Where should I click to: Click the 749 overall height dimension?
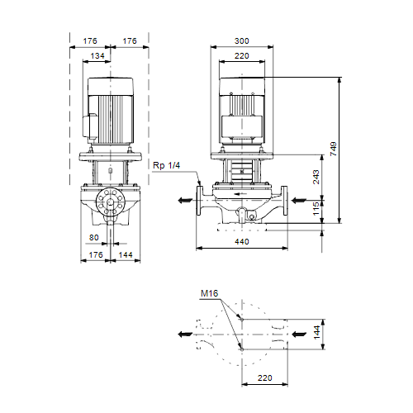(x=333, y=149)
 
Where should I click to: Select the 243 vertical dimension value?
(x=316, y=177)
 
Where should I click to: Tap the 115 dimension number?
(x=316, y=209)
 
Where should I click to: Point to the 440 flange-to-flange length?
(x=242, y=241)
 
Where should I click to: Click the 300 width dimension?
(x=242, y=40)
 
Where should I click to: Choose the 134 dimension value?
(x=97, y=56)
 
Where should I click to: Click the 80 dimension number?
(x=94, y=237)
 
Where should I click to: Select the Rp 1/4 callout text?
(x=167, y=165)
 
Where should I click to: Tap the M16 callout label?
(x=209, y=293)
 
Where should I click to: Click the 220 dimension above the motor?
(x=242, y=56)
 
